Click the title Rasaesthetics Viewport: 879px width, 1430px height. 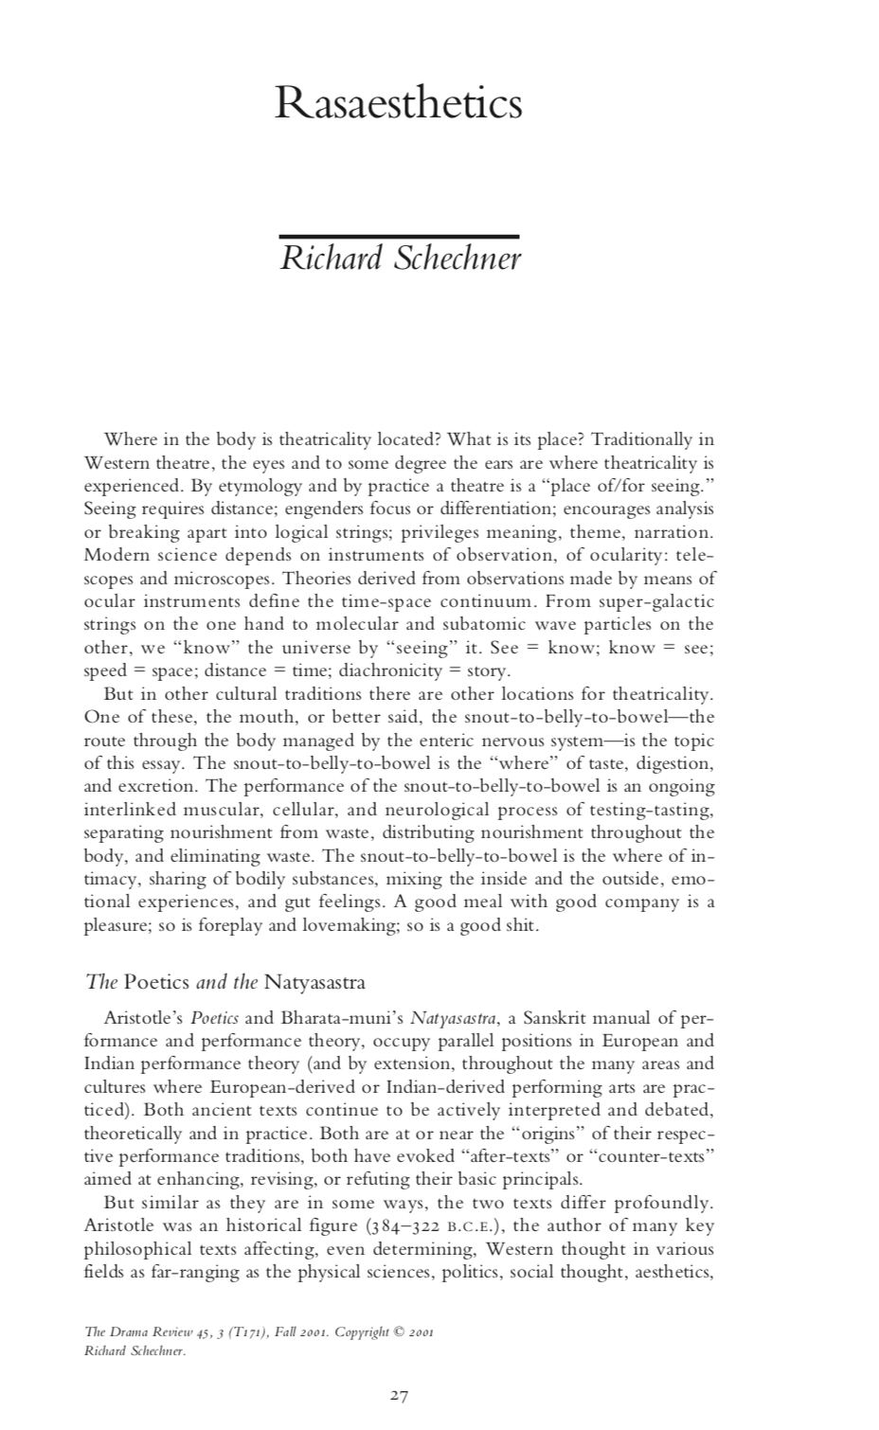click(x=398, y=103)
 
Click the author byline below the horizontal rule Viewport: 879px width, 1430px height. click(x=400, y=258)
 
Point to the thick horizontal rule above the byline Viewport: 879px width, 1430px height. click(x=399, y=236)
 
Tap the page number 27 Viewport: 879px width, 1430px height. click(x=400, y=1395)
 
